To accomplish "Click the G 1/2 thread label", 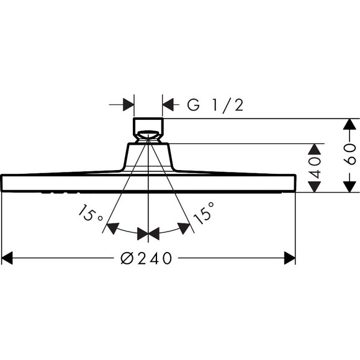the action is (215, 106).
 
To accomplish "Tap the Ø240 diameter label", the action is (146, 258).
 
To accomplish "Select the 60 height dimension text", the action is (349, 155).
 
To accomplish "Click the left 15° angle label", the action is (90, 214).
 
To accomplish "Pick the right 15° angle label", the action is (204, 213).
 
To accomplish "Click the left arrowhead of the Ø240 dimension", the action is (7, 258).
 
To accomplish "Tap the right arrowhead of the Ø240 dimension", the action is (290, 258).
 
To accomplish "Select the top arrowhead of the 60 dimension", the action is (349, 124).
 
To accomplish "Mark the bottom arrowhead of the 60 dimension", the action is (349, 186).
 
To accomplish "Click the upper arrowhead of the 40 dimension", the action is (315, 150).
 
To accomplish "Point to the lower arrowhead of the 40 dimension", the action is (315, 186).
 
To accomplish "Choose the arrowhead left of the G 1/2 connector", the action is (128, 105).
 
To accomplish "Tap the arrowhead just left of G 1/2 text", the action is (168, 105).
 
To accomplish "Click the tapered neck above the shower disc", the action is (148, 157).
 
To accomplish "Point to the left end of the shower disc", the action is (2, 183).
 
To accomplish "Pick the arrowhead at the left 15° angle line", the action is (113, 228).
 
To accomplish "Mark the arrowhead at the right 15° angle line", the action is (184, 228).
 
